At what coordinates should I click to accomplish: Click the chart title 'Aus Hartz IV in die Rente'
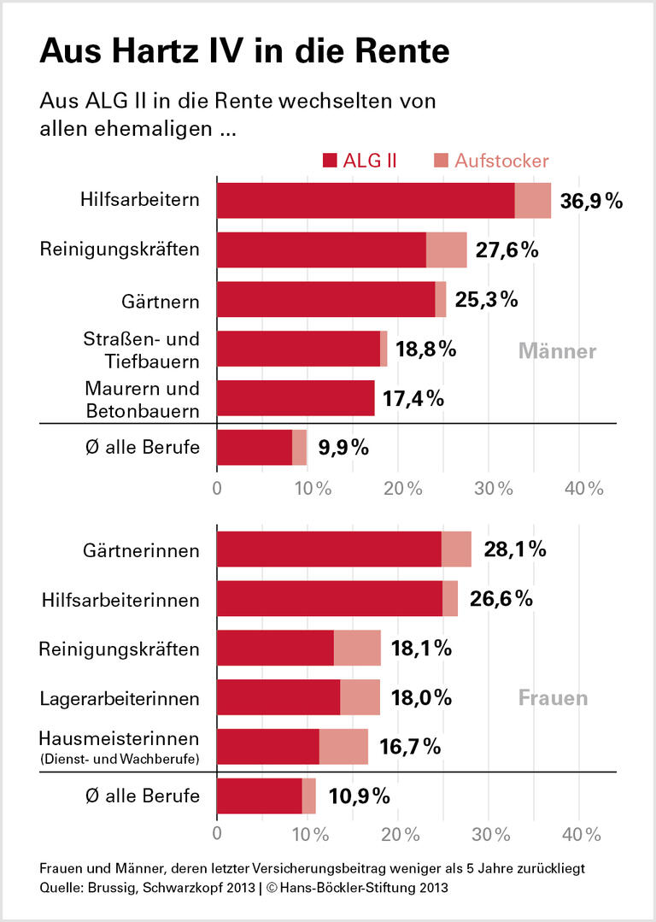pos(243,51)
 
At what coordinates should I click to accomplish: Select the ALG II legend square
pos(331,161)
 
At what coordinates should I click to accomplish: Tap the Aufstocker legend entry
pos(491,161)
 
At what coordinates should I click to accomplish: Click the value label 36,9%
pos(591,202)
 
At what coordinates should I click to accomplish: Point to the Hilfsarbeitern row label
pos(140,201)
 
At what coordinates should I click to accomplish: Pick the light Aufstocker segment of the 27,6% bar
pos(446,250)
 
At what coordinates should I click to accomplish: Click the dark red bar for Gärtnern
pos(325,300)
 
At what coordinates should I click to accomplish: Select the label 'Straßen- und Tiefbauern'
pos(142,349)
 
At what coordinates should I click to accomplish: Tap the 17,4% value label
pos(413,398)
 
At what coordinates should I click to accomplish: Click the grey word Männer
pos(558,351)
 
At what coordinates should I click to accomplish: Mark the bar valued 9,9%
pos(261,448)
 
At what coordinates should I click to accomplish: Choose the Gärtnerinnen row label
pos(143,549)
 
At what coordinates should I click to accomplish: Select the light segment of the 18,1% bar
pos(357,648)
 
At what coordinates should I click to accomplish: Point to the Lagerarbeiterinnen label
pos(120,698)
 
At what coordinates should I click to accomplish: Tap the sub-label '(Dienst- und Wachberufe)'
pos(120,758)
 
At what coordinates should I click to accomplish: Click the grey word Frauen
pos(553,698)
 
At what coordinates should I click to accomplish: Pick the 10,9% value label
pos(360,796)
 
